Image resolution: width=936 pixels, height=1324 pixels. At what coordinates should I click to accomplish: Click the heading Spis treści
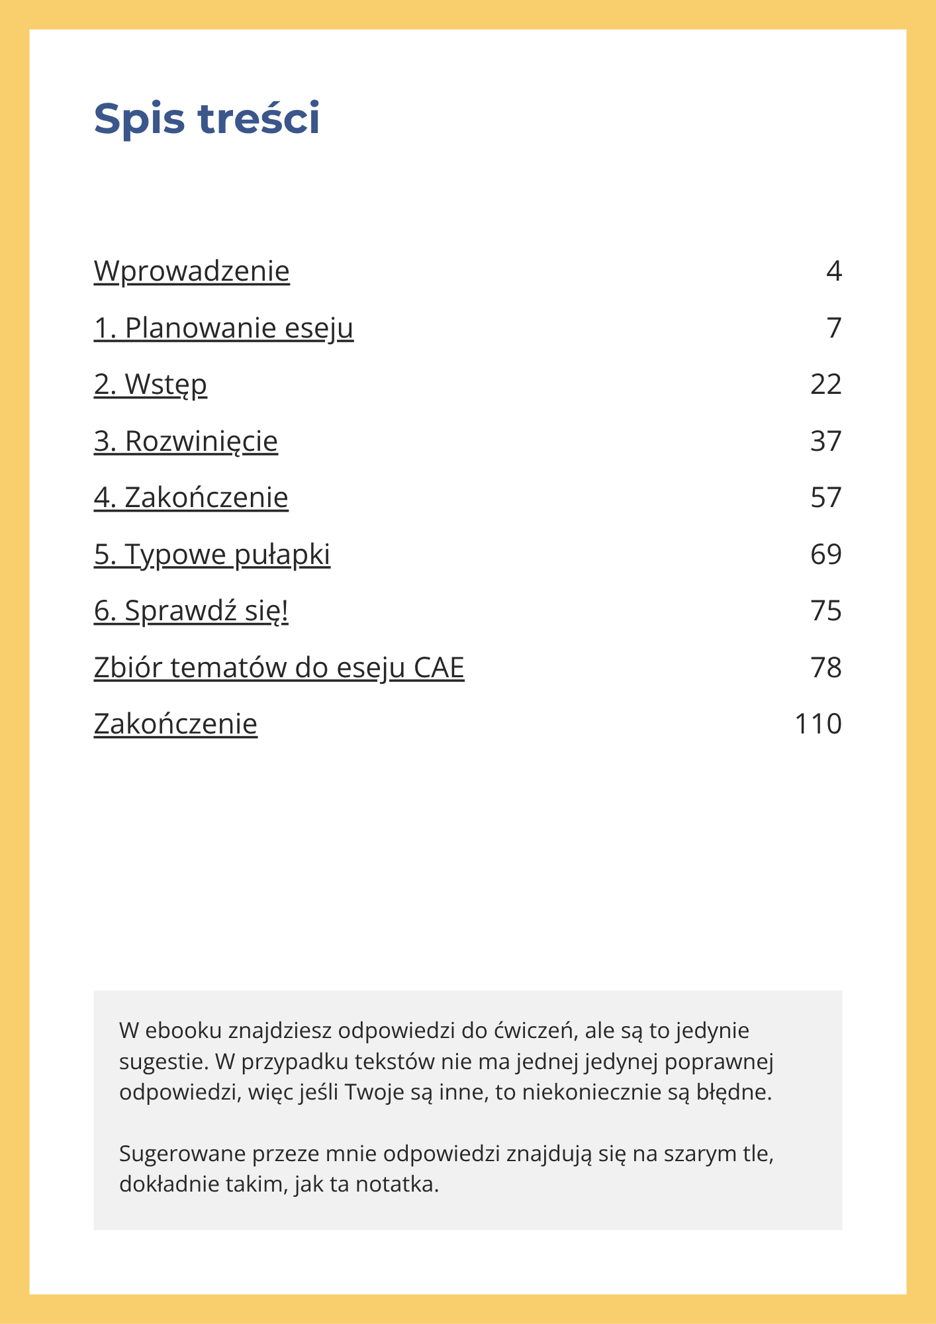coord(207,119)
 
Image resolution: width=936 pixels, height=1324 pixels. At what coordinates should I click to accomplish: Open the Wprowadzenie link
coord(191,271)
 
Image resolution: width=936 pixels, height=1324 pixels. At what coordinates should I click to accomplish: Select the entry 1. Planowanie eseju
coord(224,328)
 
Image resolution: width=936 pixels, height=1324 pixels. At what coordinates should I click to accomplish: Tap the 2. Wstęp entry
coord(150,385)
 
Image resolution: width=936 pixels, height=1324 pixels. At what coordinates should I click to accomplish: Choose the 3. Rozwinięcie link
coord(185,442)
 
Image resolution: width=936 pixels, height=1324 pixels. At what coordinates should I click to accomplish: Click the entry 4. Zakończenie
coord(191,498)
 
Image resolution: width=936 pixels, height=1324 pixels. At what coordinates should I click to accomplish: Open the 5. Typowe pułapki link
coord(212,555)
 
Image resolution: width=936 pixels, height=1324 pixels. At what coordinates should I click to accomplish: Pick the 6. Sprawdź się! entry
coord(191,611)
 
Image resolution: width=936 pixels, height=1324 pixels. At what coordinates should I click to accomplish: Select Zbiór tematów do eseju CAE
coord(279,668)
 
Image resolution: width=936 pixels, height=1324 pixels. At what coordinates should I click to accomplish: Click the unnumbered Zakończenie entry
coord(175,724)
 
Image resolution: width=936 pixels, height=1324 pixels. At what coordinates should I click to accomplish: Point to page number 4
coord(833,271)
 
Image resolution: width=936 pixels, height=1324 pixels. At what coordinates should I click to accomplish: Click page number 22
coord(825,385)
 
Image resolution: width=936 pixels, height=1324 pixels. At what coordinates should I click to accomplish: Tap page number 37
coord(825,442)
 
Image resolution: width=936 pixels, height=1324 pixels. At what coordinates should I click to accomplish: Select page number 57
coord(825,498)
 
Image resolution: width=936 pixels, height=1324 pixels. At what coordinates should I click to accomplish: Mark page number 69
coord(825,555)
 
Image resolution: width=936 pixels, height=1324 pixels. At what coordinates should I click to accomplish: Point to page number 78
coord(825,668)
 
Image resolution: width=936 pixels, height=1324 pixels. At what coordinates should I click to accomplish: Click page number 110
coord(818,724)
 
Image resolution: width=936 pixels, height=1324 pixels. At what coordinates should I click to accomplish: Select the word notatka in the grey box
coord(397,1184)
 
